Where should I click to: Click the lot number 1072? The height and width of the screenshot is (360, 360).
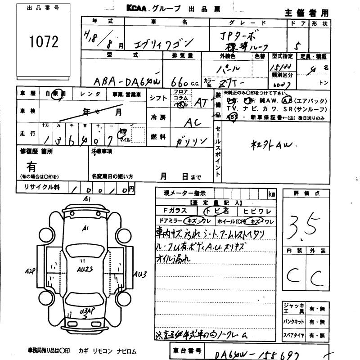(44, 42)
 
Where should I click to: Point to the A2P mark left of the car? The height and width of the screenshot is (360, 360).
(31, 271)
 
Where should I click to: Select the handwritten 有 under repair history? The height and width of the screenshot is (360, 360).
(31, 167)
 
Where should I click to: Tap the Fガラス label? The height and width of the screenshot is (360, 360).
(173, 211)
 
